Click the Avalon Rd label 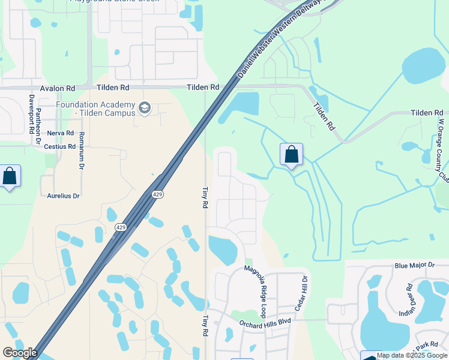[57, 88]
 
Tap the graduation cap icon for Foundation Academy [144, 108]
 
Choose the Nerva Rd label [60, 133]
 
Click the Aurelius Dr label [63, 196]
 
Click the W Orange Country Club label [442, 150]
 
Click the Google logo [20, 353]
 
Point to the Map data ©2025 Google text [412, 355]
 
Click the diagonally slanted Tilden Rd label [324, 116]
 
